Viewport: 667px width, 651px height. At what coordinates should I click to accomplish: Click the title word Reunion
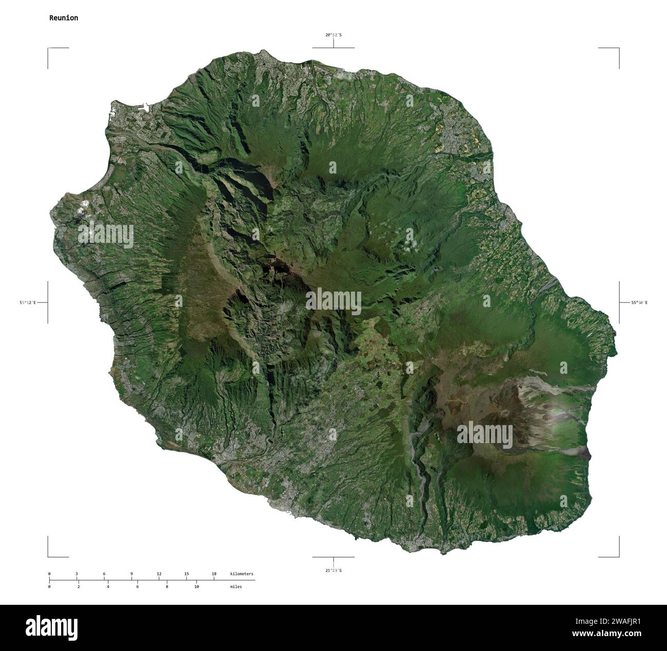point(64,18)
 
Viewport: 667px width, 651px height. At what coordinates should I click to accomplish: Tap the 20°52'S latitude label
point(333,35)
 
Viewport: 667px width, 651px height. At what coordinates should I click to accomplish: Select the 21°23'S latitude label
point(333,570)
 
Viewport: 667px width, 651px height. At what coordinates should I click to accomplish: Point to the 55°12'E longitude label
point(28,303)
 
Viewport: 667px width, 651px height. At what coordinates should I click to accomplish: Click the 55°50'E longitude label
point(639,303)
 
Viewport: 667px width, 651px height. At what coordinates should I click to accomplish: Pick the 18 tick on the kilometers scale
point(214,573)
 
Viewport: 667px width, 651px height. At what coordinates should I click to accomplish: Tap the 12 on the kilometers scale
point(159,573)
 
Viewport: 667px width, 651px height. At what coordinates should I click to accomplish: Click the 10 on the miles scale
point(196,586)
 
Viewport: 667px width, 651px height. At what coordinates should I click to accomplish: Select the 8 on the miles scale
point(167,586)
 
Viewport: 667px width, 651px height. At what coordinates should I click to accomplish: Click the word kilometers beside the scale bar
point(242,573)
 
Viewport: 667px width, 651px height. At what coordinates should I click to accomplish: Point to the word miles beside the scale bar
point(236,586)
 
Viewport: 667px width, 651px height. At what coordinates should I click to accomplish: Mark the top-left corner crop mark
point(49,48)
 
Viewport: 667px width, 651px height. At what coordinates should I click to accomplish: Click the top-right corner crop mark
point(618,48)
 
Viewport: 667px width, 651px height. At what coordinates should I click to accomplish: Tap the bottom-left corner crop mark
point(49,556)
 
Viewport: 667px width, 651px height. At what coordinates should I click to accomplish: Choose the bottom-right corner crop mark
point(618,556)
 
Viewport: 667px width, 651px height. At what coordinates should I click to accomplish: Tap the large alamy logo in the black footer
point(51,627)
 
